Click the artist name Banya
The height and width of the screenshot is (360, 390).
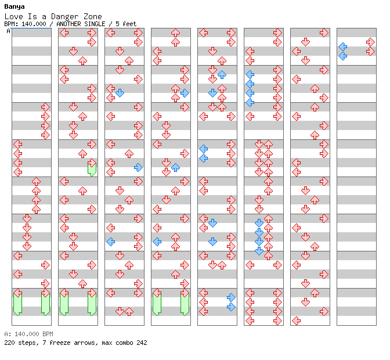tap(15, 7)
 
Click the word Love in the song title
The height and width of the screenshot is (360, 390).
tap(14, 17)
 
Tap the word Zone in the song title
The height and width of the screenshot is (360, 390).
tap(92, 17)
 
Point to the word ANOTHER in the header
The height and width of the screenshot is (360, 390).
tap(68, 24)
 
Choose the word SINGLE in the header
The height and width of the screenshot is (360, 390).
tap(95, 24)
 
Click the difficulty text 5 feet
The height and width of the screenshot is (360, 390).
tap(126, 24)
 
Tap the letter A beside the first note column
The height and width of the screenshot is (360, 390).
tap(9, 31)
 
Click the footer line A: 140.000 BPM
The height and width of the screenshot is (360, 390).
tap(28, 334)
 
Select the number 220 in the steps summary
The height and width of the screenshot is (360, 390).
tap(9, 343)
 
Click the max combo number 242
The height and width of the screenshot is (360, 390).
tap(142, 343)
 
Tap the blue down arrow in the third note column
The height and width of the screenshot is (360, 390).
tap(120, 93)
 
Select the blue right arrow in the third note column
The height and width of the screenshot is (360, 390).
tap(138, 167)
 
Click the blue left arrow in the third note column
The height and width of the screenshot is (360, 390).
tap(110, 242)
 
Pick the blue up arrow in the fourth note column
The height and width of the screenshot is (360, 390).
tap(175, 167)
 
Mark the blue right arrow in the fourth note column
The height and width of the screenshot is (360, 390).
tap(185, 93)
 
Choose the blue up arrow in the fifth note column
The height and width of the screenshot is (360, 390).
tap(222, 74)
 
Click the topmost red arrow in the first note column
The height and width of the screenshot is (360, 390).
tap(45, 107)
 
